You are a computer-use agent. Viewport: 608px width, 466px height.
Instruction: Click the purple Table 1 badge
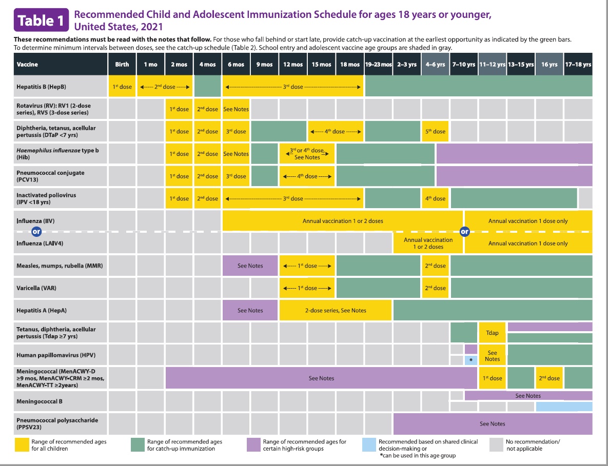42,21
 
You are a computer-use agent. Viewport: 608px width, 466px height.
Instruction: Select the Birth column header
122,65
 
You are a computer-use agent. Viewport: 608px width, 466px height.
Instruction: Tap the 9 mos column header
264,65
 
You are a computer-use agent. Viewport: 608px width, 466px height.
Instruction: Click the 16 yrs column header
549,65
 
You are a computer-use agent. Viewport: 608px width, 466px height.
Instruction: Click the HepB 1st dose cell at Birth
122,87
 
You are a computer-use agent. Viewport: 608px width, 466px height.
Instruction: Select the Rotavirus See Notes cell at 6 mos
236,109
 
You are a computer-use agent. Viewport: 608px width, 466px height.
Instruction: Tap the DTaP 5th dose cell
435,131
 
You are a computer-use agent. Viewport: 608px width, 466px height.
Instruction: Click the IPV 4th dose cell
435,198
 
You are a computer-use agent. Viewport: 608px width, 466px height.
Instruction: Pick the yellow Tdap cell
492,333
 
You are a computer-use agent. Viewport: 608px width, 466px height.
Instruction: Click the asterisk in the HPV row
471,360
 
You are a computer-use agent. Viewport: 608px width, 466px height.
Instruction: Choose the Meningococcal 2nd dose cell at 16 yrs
549,378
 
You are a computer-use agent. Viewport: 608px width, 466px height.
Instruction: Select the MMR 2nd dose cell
435,266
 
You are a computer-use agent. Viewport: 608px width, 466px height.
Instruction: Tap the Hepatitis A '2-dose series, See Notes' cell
336,310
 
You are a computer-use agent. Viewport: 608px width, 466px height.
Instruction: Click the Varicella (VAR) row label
36,288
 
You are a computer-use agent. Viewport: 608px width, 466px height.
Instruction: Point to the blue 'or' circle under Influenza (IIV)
36,232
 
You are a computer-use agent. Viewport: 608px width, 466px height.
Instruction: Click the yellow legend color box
21,444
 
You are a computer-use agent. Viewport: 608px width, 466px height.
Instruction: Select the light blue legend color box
368,444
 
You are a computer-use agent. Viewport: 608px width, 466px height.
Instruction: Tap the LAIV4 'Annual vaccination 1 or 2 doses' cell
428,243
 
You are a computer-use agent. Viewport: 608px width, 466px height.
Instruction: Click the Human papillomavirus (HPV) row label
49,355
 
